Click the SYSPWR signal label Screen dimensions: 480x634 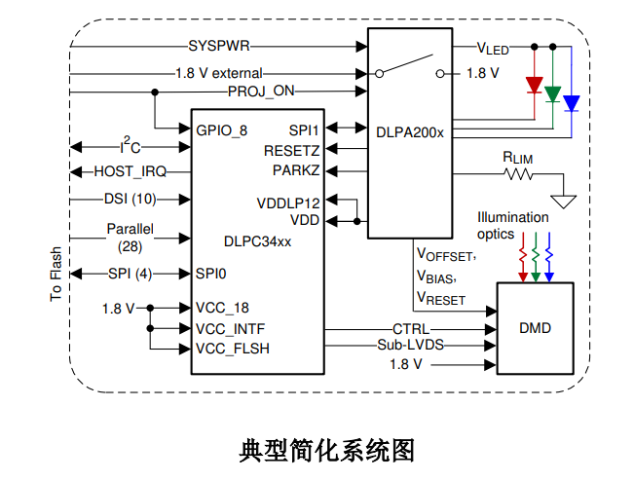219,45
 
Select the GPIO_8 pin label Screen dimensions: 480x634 222,129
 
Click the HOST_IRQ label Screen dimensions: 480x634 130,172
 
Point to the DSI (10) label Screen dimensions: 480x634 130,199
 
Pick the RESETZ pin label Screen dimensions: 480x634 291,151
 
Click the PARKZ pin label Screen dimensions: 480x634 296,170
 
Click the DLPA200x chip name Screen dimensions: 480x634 409,131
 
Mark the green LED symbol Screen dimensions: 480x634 553,94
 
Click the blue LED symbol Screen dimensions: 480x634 572,103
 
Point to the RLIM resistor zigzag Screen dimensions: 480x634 518,175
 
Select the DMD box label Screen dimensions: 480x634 535,328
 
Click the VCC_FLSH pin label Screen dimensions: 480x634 233,348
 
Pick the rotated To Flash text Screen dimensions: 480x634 56,272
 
